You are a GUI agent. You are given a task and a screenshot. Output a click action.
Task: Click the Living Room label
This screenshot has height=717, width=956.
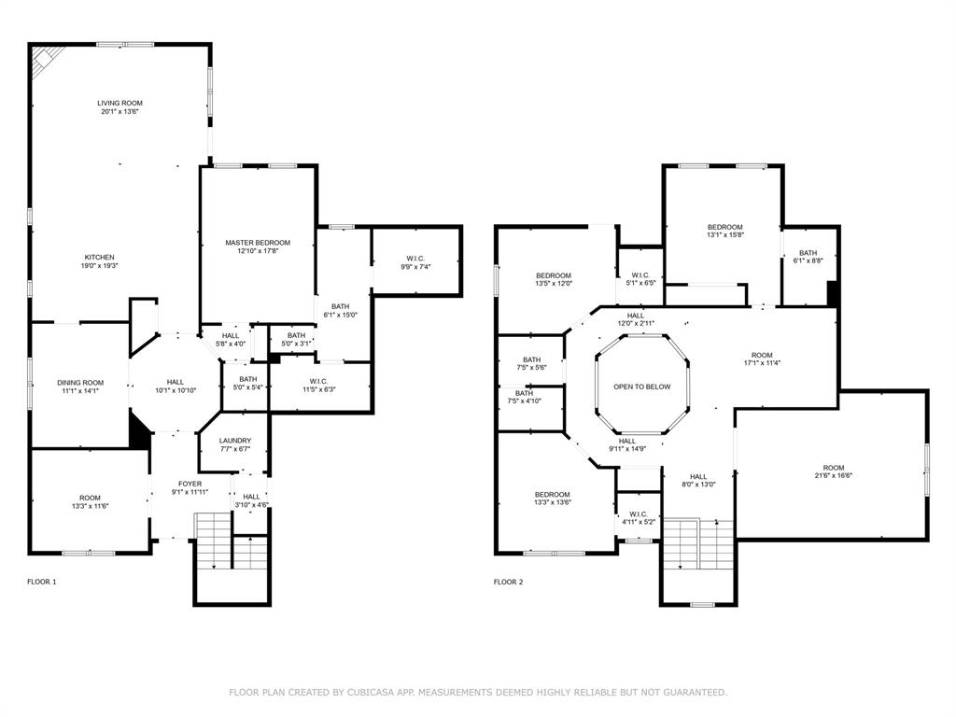click(119, 103)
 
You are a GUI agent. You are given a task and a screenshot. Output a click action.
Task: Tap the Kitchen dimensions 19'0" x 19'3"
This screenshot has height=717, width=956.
click(100, 266)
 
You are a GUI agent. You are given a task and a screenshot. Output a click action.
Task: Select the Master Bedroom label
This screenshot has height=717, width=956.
click(258, 243)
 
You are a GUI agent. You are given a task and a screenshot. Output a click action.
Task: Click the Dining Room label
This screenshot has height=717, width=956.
click(80, 383)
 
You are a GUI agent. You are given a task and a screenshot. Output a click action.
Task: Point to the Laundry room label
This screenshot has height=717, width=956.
click(234, 441)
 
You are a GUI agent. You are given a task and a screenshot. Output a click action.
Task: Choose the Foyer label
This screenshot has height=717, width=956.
click(190, 484)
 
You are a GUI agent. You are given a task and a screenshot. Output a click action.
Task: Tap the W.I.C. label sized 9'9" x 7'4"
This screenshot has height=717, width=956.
click(416, 259)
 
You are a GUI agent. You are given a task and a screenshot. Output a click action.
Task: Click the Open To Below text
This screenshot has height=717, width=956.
click(641, 387)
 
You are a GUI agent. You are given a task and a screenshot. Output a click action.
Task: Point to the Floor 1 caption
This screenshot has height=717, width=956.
click(42, 582)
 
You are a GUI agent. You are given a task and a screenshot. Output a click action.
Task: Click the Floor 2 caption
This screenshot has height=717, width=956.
click(509, 582)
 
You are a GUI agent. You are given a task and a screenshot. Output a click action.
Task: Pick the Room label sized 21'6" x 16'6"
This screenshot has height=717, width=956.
click(833, 468)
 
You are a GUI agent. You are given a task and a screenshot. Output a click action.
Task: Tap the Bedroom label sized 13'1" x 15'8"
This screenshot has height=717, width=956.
click(724, 228)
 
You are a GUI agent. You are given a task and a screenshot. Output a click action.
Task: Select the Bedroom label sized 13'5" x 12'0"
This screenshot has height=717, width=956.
click(553, 275)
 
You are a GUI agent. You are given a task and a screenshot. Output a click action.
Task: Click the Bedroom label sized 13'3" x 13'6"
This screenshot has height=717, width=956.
click(552, 495)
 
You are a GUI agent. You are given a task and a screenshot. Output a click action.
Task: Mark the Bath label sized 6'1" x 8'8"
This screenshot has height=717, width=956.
click(808, 253)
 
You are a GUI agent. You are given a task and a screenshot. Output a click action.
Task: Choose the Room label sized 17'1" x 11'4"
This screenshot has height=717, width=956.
click(762, 356)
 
